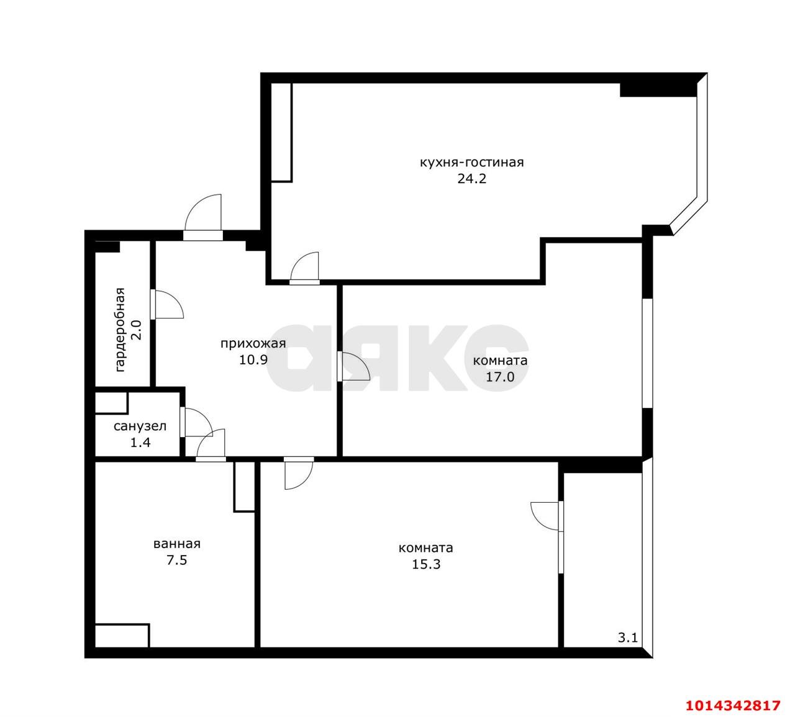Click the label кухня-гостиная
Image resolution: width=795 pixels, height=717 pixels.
point(471,163)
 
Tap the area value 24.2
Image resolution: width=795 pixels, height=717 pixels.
point(471,179)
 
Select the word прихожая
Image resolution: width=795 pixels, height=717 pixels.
point(253,343)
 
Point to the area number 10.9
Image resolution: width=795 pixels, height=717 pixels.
point(253,359)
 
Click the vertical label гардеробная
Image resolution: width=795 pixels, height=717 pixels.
point(120,330)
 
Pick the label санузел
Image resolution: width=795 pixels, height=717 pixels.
point(140,426)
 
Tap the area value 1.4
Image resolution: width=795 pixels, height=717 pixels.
point(140,443)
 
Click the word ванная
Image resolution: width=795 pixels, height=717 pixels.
point(177,544)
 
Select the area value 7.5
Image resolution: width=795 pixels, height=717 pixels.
point(177,560)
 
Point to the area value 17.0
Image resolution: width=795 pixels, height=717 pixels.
point(500,377)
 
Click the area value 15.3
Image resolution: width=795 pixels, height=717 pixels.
point(426,564)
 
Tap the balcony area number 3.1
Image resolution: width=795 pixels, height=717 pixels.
point(628,649)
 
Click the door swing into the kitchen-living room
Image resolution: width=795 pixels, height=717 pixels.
point(304,266)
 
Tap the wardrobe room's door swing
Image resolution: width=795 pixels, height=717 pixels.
point(168,304)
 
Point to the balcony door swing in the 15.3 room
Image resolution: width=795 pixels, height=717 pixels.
point(545,516)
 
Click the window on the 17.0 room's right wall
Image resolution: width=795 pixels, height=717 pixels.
point(647,353)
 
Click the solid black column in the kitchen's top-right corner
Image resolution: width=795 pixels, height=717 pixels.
point(658,90)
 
